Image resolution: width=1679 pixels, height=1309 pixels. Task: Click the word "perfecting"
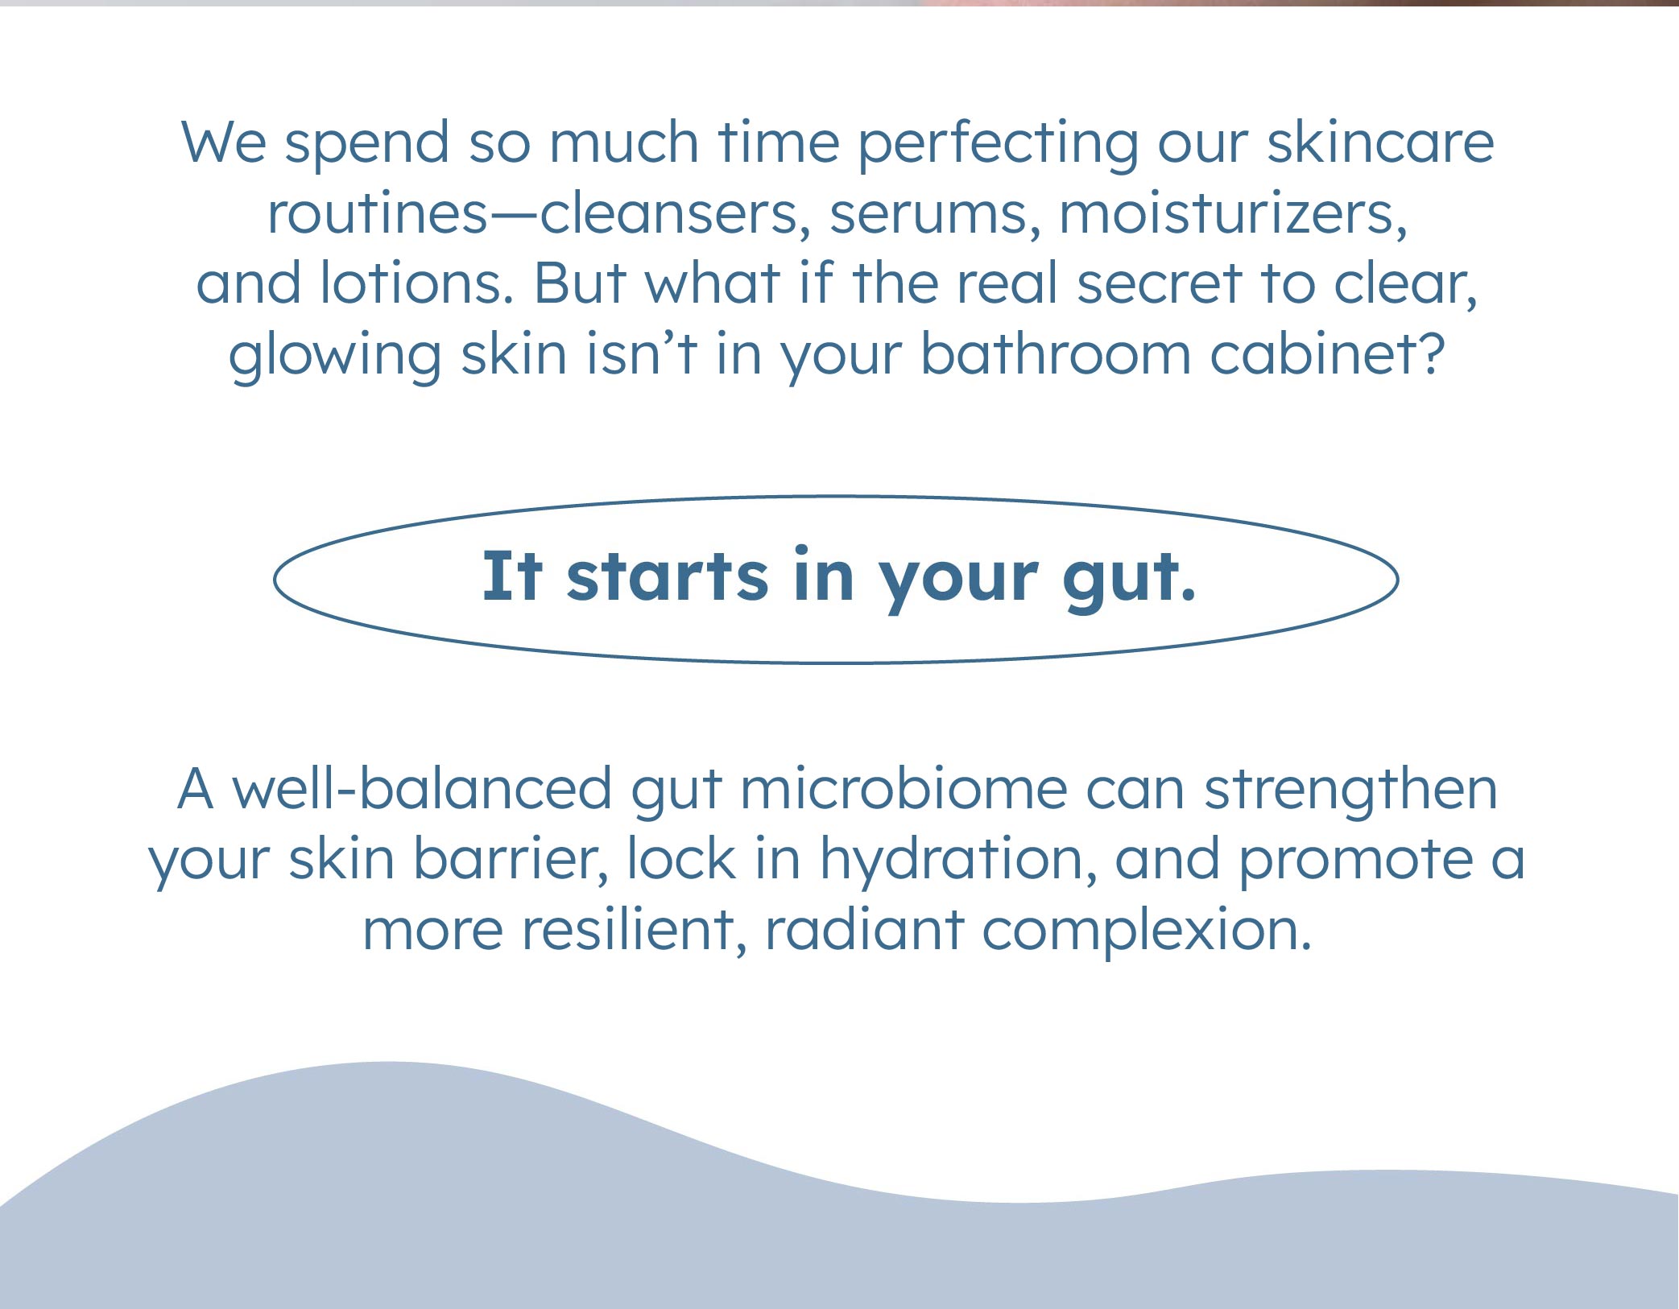pyautogui.click(x=998, y=146)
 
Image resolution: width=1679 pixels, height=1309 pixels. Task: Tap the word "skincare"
pyautogui.click(x=1380, y=142)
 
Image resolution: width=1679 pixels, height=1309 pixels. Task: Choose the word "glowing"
pyautogui.click(x=335, y=357)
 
